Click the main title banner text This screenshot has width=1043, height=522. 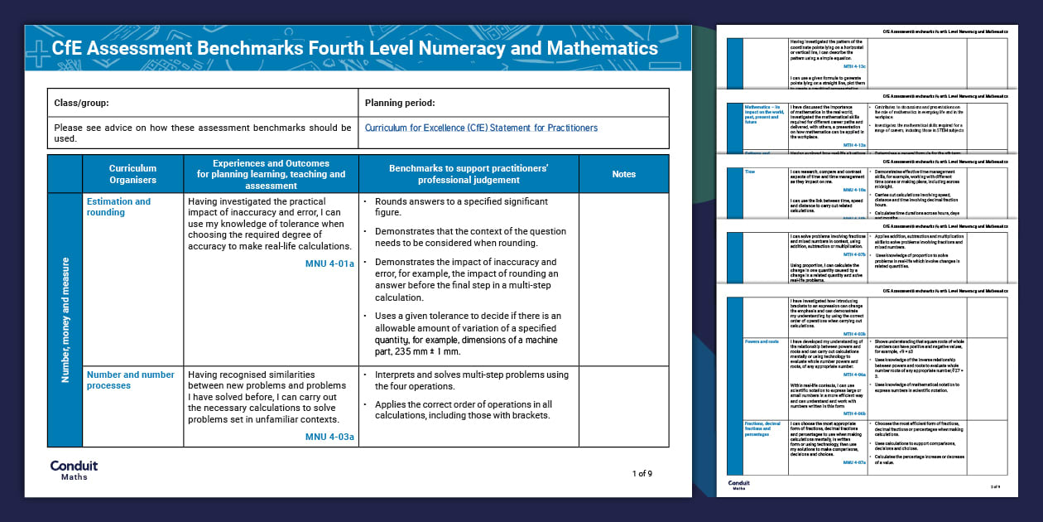pyautogui.click(x=354, y=48)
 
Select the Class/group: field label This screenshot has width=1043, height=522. pyautogui.click(x=82, y=104)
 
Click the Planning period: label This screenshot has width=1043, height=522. pyautogui.click(x=400, y=104)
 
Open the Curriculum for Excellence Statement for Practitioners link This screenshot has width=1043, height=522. pyautogui.click(x=481, y=128)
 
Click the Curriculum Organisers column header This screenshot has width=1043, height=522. pyautogui.click(x=132, y=174)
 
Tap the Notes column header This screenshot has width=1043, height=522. pyautogui.click(x=623, y=174)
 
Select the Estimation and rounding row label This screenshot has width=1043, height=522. pyautogui.click(x=119, y=206)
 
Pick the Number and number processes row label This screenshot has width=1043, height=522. pyautogui.click(x=131, y=379)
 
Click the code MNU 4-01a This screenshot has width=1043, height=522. pyautogui.click(x=329, y=263)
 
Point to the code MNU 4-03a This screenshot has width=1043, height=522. pyautogui.click(x=329, y=437)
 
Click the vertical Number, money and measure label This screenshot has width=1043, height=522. pyautogui.click(x=65, y=319)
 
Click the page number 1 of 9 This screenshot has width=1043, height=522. pyautogui.click(x=642, y=474)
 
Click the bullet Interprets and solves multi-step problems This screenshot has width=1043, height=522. pyautogui.click(x=471, y=379)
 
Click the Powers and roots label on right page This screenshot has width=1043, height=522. pyautogui.click(x=762, y=341)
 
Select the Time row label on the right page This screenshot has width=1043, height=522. pyautogui.click(x=750, y=172)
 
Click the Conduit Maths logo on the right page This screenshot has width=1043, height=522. pyautogui.click(x=740, y=485)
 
